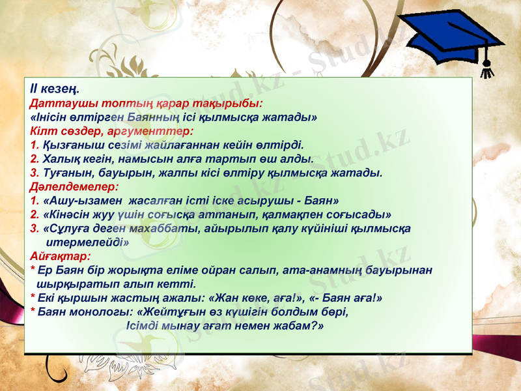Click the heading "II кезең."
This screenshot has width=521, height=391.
pos(55,88)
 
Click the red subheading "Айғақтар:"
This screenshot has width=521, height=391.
pos(59,256)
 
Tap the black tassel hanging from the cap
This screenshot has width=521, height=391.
pos(485,66)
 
